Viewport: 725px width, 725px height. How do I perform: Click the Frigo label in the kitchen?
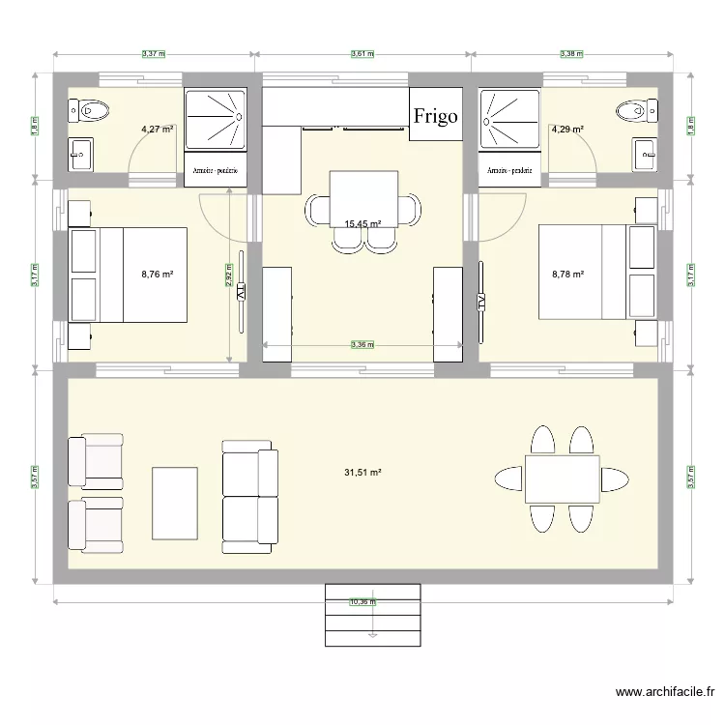(436, 116)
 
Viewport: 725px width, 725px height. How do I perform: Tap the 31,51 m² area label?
(362, 473)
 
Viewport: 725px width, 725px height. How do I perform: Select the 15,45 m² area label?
(362, 224)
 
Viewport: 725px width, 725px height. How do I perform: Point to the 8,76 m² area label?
(157, 275)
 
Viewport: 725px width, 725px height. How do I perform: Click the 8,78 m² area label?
(567, 275)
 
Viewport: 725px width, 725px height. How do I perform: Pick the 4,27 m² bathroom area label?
(157, 128)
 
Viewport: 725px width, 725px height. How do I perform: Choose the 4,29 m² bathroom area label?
(567, 128)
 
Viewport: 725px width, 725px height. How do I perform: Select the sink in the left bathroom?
(80, 151)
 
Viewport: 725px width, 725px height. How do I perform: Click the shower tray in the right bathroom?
(508, 119)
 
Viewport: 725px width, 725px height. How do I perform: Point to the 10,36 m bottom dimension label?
(362, 602)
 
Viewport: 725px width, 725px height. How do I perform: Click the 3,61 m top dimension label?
(362, 54)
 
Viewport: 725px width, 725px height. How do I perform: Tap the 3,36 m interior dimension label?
(362, 344)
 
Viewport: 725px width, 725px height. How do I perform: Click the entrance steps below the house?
(373, 615)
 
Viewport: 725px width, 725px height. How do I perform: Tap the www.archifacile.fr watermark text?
(665, 692)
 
